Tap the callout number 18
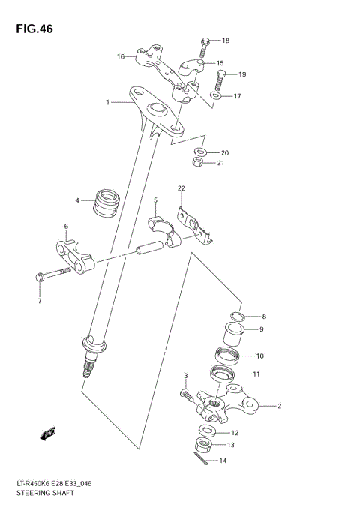coord(226,41)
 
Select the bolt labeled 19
coord(220,78)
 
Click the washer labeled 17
coord(216,97)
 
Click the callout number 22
coord(180,188)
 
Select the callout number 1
coord(108,102)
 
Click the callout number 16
coord(120,56)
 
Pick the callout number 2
coord(279,407)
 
